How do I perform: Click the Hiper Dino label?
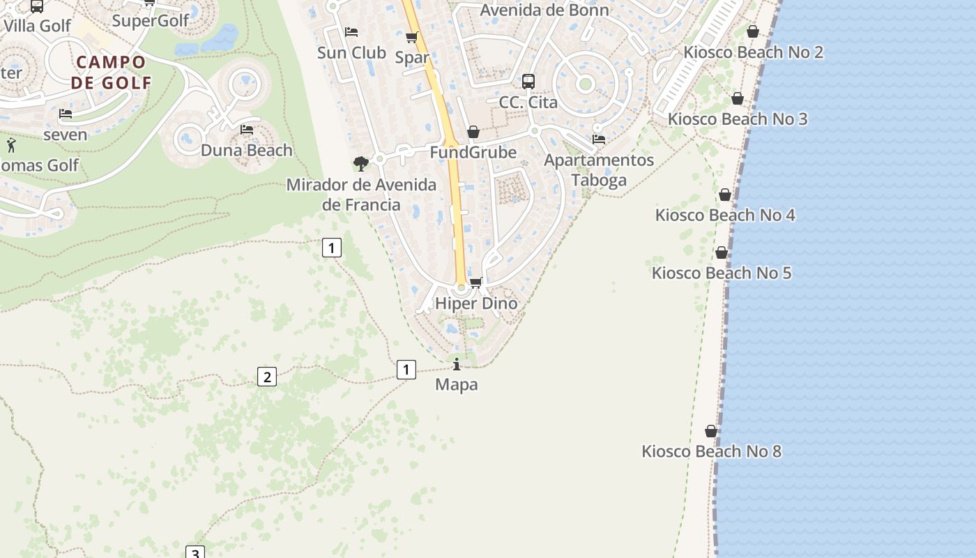point(476,303)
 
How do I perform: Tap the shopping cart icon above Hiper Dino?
point(476,282)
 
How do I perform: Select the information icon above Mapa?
point(457,364)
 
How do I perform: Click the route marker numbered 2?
point(266,377)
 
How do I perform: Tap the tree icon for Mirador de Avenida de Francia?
point(360,163)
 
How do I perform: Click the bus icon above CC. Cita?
point(528,81)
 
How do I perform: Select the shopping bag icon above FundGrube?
point(473,132)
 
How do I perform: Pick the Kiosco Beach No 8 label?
point(711,451)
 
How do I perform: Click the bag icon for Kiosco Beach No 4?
point(725,195)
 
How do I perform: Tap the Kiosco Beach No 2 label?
point(753,52)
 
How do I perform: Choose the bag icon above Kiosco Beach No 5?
point(722,252)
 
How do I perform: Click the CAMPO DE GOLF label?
point(111,72)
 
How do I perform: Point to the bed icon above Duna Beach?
point(246,129)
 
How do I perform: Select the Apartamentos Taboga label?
point(599,170)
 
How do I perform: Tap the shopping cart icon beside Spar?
point(412,37)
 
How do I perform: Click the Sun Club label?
point(351,52)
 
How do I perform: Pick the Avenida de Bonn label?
point(544,10)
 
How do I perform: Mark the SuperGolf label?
point(151,20)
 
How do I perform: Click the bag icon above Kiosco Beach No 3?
point(738,99)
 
